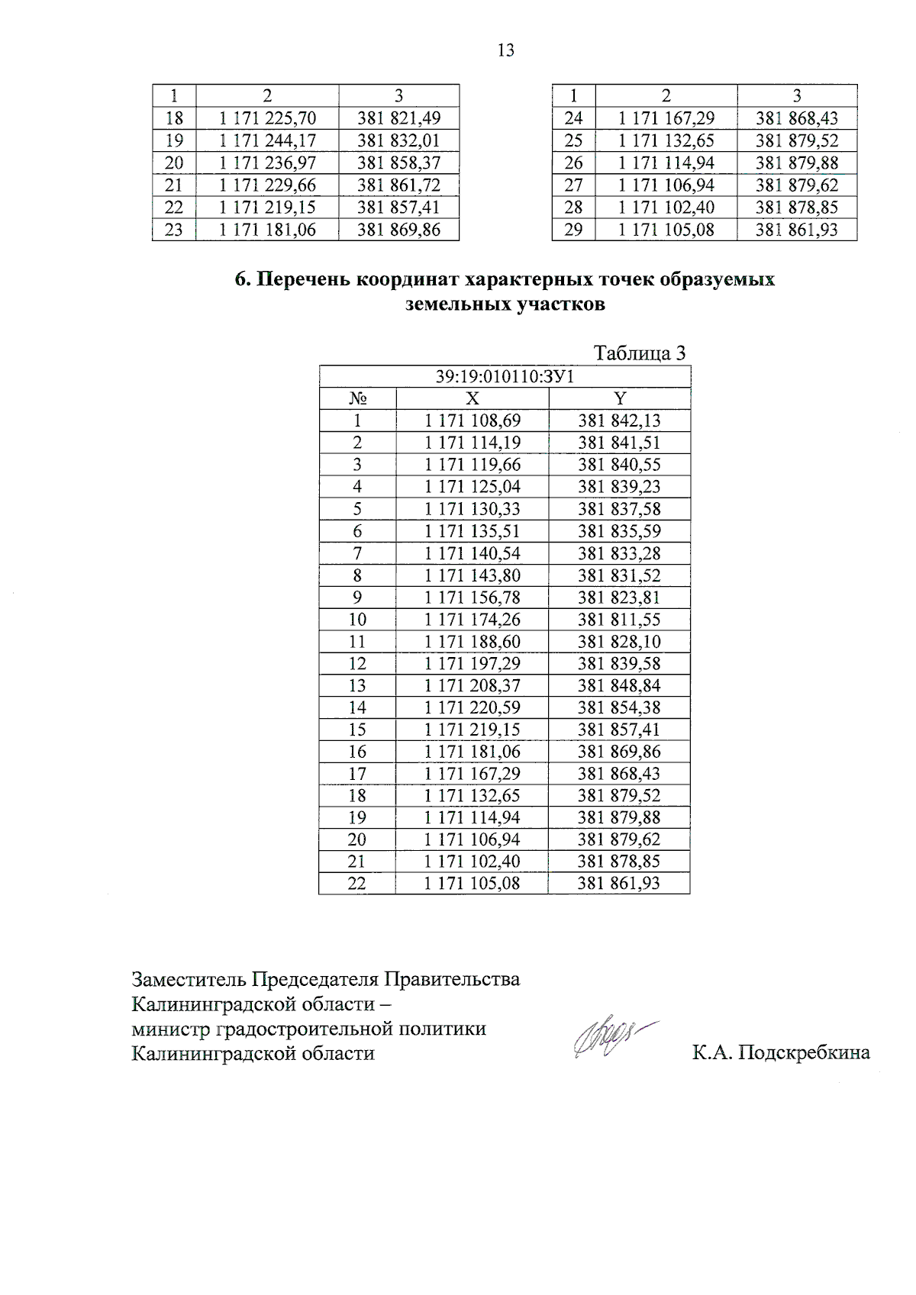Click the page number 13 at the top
505,50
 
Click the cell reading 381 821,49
398,118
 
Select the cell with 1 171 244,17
267,140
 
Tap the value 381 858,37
398,163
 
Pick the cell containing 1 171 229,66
267,185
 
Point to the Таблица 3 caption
640,353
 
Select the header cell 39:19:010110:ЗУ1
505,377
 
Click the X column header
473,398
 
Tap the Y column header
620,398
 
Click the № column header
357,398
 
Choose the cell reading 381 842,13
619,420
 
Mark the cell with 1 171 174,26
473,620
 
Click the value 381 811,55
619,620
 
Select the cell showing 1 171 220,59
473,707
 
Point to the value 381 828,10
619,642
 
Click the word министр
172,1029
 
